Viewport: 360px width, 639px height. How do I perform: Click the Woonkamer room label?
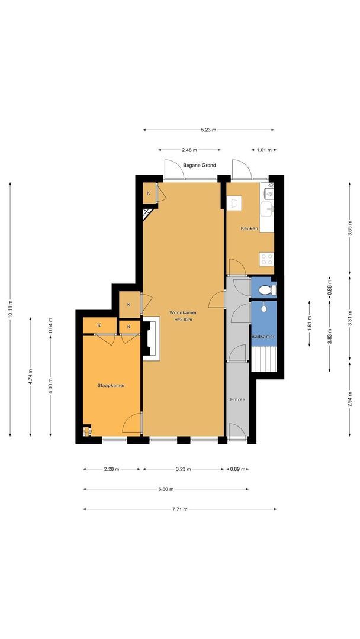183,312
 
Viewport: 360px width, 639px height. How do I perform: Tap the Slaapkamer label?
111,385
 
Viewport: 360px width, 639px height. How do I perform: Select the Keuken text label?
249,228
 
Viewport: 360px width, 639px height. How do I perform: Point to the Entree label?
237,399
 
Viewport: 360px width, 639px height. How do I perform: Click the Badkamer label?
263,337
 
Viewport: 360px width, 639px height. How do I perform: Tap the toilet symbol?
268,290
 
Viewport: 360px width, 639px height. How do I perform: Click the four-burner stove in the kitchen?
266,259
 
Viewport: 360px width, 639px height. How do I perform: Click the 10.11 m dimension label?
10,309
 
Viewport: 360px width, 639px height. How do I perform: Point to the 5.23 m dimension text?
208,130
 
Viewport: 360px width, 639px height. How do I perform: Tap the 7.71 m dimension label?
180,509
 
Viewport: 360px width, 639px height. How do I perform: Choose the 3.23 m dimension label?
184,469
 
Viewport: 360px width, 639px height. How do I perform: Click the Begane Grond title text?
200,166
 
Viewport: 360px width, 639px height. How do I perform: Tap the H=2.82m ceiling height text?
183,319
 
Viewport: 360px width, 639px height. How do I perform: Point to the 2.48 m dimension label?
189,150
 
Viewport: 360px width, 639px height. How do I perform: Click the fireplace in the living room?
151,338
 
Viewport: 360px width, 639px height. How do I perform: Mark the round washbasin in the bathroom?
263,309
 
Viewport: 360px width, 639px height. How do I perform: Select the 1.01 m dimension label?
263,150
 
